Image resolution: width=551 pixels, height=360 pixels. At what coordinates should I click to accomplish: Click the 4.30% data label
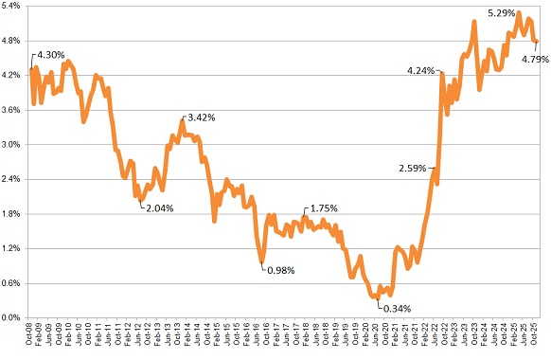[51, 55]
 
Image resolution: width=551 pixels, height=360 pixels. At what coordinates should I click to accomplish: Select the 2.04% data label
[160, 207]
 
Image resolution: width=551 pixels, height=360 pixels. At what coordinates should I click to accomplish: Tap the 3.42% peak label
[202, 118]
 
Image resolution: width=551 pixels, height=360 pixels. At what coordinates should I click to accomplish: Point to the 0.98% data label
[280, 270]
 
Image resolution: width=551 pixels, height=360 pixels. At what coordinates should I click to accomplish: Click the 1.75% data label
[322, 208]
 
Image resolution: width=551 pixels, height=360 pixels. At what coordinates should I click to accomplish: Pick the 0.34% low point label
[395, 307]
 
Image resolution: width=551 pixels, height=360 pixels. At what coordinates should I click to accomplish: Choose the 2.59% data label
[413, 169]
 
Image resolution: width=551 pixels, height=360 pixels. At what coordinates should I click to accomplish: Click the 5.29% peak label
[502, 13]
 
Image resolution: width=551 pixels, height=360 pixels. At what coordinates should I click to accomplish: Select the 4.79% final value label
[535, 59]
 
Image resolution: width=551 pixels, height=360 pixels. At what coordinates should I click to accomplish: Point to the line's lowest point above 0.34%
[377, 297]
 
